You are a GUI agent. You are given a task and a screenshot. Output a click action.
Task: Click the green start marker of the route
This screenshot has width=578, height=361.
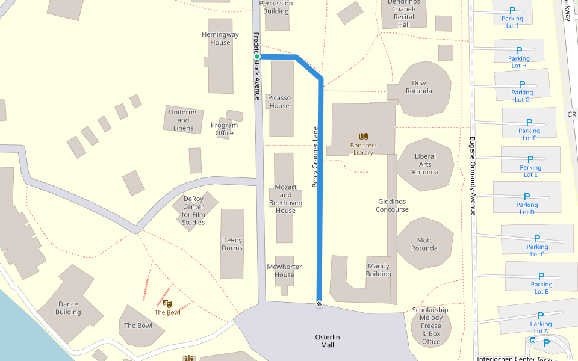256,57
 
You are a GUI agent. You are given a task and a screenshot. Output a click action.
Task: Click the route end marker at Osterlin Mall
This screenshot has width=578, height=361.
319,304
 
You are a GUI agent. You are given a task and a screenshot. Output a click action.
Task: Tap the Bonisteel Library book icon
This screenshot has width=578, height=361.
364,137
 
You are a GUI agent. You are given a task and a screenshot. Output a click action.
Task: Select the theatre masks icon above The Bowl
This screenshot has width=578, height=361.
167,304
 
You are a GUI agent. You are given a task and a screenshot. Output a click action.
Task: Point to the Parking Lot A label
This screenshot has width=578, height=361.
541,327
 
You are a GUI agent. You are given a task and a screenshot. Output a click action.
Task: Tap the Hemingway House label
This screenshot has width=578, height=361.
220,39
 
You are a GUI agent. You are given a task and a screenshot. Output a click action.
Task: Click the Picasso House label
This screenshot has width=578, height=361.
279,102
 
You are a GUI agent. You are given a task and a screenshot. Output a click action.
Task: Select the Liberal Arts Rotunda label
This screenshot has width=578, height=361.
425,164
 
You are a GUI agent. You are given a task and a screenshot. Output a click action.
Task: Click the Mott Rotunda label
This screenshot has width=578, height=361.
424,244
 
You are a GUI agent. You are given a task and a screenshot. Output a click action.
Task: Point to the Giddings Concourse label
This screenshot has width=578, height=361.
392,205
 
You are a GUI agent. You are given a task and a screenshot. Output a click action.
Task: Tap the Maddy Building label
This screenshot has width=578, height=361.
379,270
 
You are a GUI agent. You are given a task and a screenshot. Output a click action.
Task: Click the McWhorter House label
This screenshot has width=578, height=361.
284,271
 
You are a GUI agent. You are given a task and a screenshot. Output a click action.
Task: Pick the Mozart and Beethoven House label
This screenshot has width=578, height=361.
285,199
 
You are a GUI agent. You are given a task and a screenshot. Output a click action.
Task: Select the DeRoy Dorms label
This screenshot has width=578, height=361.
232,244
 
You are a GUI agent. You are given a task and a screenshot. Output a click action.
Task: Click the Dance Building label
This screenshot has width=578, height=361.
68,308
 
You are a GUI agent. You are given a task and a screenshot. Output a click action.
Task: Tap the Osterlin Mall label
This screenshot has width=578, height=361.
328,341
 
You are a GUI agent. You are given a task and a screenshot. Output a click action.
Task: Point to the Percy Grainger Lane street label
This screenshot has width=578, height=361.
315,156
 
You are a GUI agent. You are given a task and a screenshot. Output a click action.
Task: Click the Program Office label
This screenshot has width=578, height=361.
224,129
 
